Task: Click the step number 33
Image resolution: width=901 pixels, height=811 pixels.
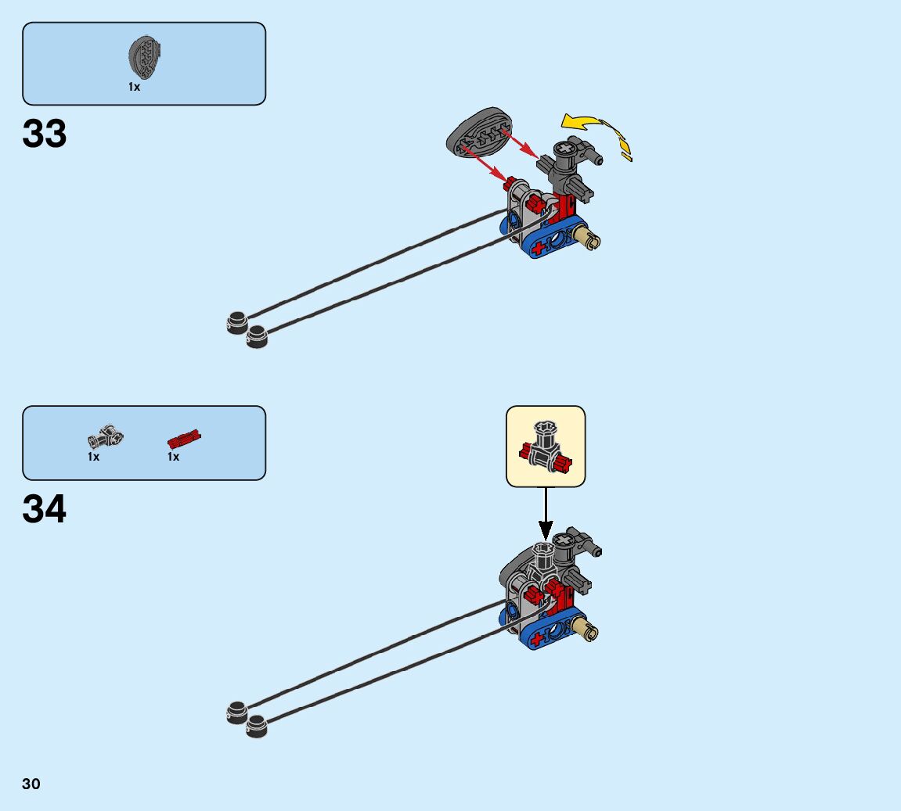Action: coord(45,134)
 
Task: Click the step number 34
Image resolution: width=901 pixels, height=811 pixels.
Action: coord(45,510)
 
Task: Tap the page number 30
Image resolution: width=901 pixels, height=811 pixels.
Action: coord(31,784)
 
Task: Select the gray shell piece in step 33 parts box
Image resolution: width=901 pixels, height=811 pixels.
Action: coord(144,57)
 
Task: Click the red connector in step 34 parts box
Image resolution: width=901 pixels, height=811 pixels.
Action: coord(184,438)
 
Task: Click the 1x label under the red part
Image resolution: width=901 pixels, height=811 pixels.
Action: coord(174,457)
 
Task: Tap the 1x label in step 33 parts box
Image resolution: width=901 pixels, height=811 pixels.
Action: coord(135,88)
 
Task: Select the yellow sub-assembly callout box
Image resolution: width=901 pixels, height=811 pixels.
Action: coord(546,447)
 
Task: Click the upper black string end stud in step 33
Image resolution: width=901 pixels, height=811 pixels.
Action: coord(237,321)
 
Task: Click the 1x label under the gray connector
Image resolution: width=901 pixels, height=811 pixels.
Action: coord(94,457)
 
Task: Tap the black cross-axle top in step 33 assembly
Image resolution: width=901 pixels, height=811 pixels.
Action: coord(564,149)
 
